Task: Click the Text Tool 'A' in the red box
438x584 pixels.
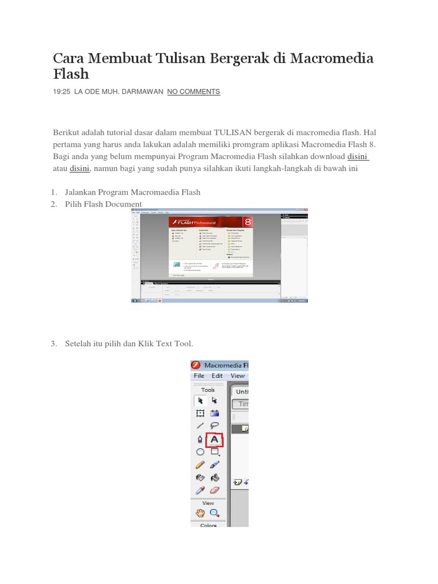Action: [214, 440]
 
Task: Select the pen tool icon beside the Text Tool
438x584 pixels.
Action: [200, 440]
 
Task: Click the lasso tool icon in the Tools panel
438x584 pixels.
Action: [214, 425]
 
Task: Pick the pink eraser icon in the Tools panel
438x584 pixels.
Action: [214, 490]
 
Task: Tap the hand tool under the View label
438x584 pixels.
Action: [200, 513]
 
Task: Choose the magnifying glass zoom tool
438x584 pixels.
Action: [214, 513]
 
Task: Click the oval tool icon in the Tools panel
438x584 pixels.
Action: [200, 452]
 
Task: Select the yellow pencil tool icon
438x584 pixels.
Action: [200, 465]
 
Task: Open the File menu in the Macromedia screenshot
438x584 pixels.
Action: [199, 376]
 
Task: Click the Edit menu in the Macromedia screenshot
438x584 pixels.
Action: [217, 376]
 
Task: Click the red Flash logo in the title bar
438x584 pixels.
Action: [196, 365]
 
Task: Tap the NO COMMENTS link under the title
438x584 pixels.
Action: [193, 92]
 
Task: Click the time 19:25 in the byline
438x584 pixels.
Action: [61, 92]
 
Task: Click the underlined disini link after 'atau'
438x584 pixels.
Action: [79, 169]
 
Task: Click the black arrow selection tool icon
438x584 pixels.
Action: [200, 400]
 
